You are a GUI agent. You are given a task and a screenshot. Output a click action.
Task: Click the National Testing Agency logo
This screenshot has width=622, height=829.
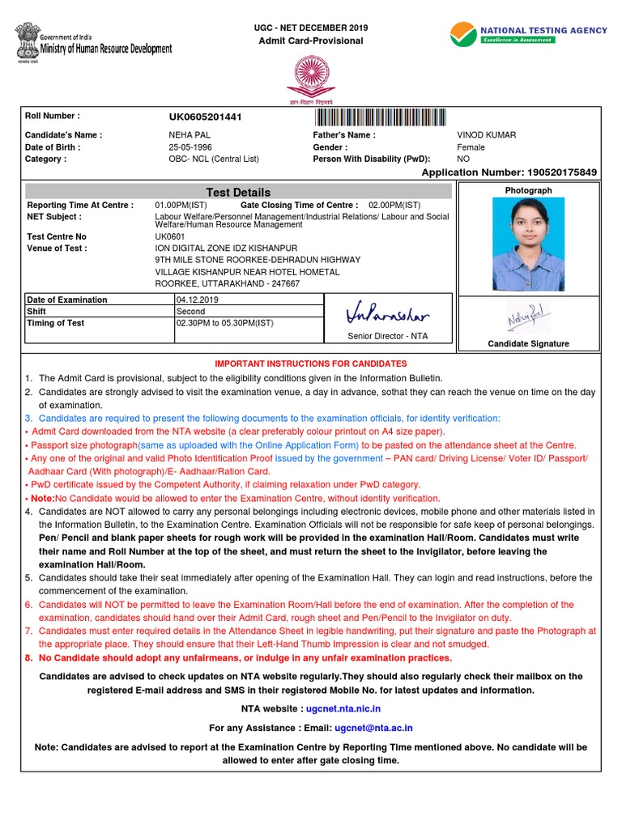[x=528, y=34]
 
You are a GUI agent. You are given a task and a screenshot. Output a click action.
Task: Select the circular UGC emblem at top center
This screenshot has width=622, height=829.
[x=310, y=73]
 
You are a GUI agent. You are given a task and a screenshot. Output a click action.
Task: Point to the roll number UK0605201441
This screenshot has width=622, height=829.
[x=205, y=117]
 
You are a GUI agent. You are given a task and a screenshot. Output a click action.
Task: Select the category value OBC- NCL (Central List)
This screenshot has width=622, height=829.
[x=214, y=159]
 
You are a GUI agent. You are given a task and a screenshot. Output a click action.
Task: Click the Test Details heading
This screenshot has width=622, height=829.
[x=238, y=192]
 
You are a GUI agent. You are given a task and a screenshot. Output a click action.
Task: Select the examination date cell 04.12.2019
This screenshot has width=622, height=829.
[x=198, y=300]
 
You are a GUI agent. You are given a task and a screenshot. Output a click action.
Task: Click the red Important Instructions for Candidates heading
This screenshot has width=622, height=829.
[x=310, y=364]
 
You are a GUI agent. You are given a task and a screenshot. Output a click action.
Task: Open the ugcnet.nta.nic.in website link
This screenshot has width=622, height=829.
[x=343, y=708]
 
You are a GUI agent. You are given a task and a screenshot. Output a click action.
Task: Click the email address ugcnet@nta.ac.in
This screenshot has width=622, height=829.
[x=375, y=728]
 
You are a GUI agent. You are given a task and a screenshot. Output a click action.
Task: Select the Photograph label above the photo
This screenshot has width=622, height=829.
[x=528, y=190]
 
